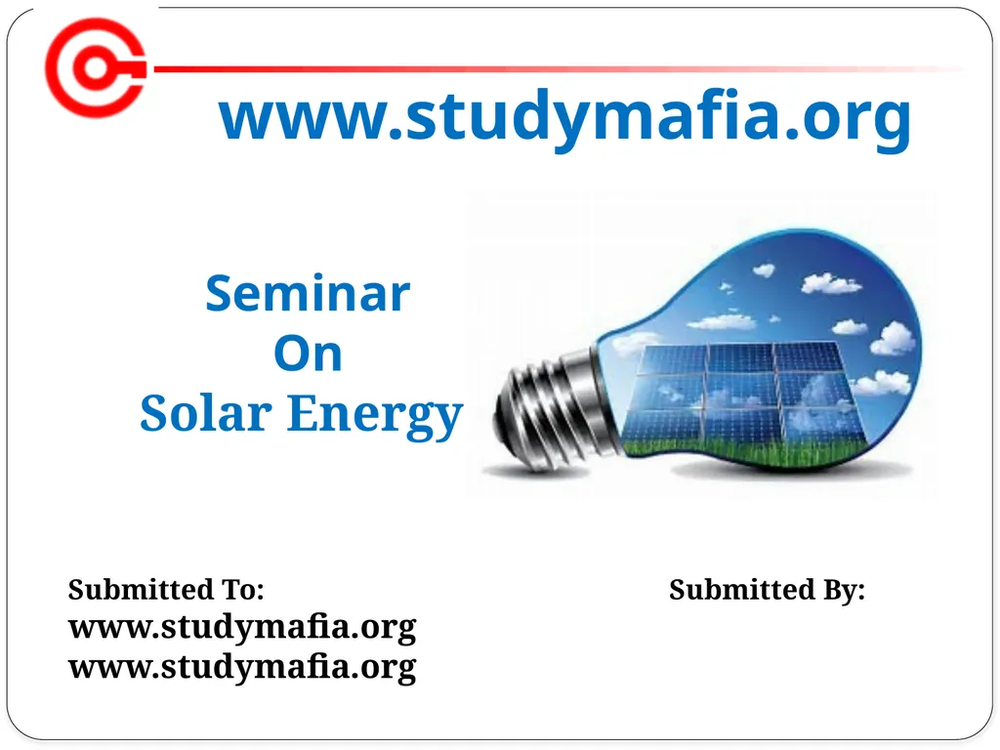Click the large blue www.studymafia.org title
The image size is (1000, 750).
point(564,117)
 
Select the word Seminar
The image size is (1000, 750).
point(308,293)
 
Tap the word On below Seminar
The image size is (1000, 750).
point(308,354)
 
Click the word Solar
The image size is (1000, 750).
point(204,413)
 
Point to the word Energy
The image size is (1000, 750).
point(373,415)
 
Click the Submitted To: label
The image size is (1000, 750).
point(166,590)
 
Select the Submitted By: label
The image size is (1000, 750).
point(767,590)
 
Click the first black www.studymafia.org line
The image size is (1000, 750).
point(241,626)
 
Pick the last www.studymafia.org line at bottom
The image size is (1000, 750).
point(241,667)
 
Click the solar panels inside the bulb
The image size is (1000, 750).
point(742,391)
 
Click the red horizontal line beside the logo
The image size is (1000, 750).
point(547,69)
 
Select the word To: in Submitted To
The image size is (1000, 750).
point(244,590)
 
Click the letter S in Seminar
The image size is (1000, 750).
point(219,293)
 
